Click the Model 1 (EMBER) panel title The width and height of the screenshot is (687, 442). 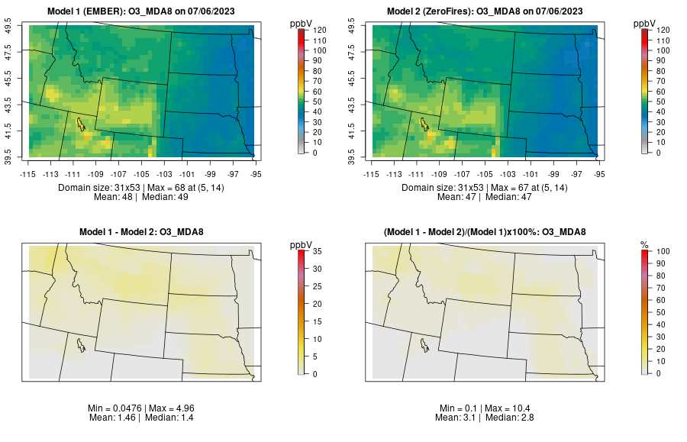coord(144,11)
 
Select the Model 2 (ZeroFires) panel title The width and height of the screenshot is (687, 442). coord(487,11)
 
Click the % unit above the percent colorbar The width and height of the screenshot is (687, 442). coord(644,244)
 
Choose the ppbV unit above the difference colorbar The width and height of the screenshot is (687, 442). coord(302,244)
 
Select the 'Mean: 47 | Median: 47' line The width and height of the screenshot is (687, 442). coord(487,197)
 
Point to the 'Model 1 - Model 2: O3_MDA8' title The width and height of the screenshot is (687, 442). coord(144,232)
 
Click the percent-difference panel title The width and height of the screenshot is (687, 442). coord(487,232)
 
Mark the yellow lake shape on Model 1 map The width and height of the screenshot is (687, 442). coord(80,123)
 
